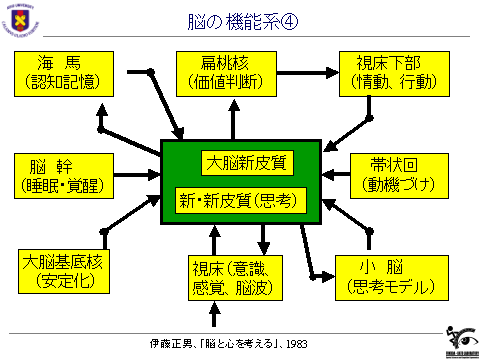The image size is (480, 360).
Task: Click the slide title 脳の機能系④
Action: tap(241, 21)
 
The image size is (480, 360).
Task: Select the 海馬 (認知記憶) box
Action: tap(62, 71)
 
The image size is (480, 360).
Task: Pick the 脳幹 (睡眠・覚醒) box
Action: tap(62, 174)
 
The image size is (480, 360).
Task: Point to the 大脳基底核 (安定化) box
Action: tap(62, 272)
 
